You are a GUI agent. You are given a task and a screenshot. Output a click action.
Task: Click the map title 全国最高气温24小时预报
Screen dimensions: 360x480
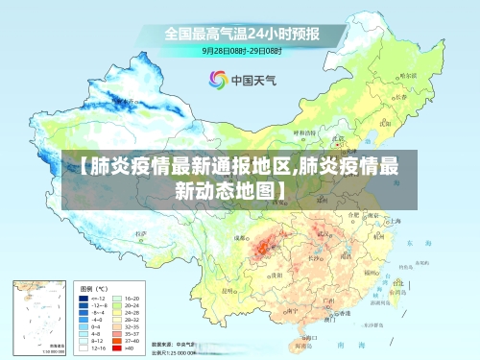[240, 33]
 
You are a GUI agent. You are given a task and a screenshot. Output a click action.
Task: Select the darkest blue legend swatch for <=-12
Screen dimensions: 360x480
[85, 300]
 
